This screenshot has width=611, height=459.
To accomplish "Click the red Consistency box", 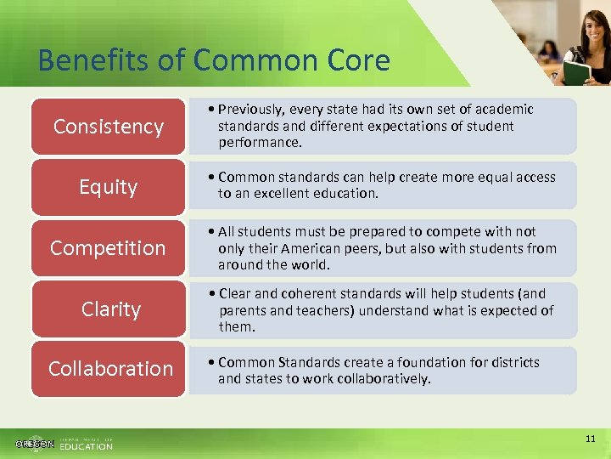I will (108, 127).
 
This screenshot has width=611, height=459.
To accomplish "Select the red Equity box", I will (108, 187).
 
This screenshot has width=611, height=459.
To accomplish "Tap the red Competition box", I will (108, 248).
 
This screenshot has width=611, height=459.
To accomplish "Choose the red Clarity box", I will (108, 309).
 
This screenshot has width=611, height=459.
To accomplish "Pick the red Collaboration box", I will (108, 369).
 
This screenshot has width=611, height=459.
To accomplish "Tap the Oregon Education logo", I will (64, 443).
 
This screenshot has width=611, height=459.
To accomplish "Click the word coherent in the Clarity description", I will (300, 293).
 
